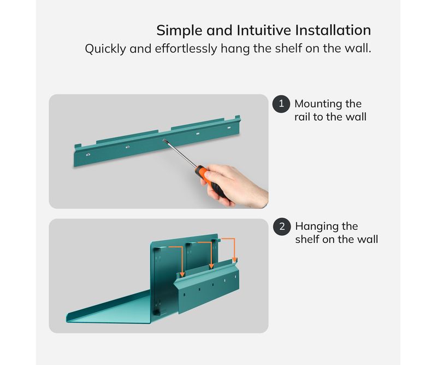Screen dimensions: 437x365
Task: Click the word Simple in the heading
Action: (179, 31)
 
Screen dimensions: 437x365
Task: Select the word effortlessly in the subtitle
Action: (186, 49)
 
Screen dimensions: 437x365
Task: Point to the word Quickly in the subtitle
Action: (105, 49)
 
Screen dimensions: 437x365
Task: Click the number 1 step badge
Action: (281, 104)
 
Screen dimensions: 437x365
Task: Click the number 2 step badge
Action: (282, 227)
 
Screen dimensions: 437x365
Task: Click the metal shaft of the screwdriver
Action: (180, 153)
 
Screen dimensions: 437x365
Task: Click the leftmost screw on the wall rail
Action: (88, 154)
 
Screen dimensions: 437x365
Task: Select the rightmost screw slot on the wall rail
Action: (229, 128)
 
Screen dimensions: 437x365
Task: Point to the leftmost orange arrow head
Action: (182, 275)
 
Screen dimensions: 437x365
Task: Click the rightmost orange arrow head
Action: (234, 259)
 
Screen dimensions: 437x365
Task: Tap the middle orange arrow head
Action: (211, 266)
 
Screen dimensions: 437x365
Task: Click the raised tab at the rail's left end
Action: (78, 146)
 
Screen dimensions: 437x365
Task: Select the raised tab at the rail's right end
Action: (238, 117)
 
